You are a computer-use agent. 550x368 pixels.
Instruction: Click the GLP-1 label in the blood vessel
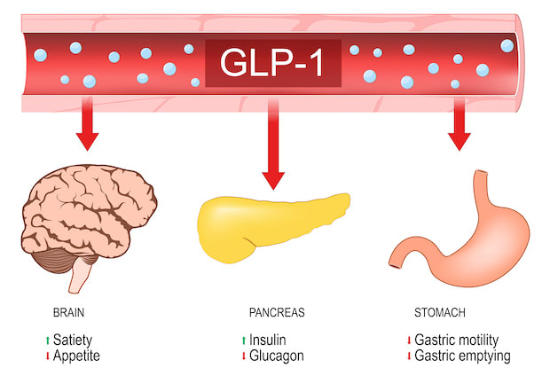(274, 63)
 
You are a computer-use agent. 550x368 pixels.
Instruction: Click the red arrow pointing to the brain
(88, 129)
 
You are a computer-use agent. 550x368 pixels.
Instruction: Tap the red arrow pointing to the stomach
(459, 129)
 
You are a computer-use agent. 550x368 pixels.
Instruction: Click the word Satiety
(72, 341)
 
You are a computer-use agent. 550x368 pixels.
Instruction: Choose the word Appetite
(75, 356)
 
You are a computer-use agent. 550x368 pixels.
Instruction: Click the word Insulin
(267, 341)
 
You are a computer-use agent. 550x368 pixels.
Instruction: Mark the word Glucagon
(278, 356)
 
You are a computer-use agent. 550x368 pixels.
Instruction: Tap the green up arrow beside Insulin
(242, 341)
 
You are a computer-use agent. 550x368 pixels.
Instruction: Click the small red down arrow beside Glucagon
(242, 356)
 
